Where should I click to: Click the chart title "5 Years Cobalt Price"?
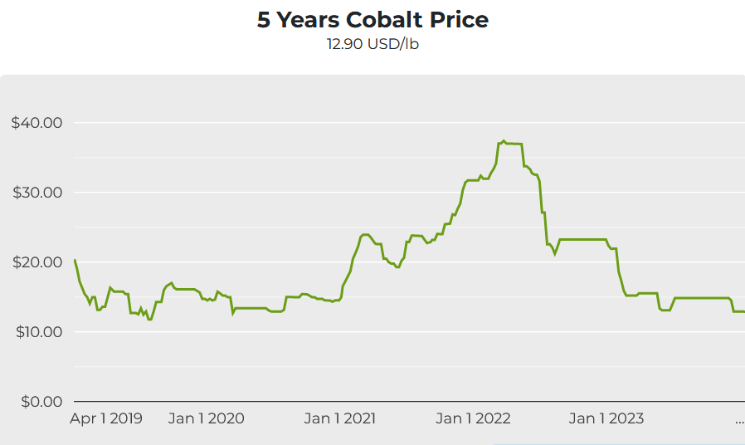[372, 21]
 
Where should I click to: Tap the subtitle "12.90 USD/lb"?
[372, 44]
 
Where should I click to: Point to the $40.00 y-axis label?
[37, 123]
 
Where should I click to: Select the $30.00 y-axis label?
[37, 193]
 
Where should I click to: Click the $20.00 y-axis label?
[37, 262]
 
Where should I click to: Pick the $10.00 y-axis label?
[37, 332]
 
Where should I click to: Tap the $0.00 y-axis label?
[40, 402]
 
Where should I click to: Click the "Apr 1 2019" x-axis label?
[105, 418]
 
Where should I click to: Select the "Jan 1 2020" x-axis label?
[206, 418]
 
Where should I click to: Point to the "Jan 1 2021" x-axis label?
[340, 418]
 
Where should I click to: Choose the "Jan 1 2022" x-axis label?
[473, 418]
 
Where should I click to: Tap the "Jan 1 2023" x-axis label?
[606, 418]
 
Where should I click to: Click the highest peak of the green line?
[504, 141]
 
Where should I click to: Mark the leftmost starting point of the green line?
[75, 260]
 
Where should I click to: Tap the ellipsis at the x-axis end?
[739, 421]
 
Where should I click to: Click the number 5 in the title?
[264, 21]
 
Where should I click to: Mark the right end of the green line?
[743, 311]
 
